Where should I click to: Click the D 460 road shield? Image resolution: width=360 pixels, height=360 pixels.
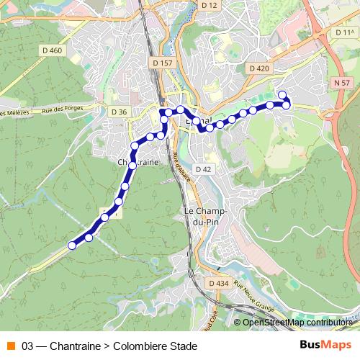(x=53, y=50)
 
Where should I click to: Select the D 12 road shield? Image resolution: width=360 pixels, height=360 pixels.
(x=210, y=5)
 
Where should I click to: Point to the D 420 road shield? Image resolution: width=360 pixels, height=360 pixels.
(x=259, y=68)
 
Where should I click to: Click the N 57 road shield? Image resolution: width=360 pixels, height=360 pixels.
(x=342, y=84)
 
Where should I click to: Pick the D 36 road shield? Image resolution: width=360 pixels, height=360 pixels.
(x=119, y=112)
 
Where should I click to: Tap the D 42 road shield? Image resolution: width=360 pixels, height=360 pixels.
(x=204, y=169)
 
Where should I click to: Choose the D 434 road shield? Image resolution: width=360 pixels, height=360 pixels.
(x=219, y=284)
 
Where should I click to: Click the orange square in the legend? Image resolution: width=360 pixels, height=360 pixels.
(x=10, y=346)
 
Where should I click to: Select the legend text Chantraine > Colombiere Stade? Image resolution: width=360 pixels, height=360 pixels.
(x=124, y=346)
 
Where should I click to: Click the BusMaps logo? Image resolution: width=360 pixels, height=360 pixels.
(x=325, y=346)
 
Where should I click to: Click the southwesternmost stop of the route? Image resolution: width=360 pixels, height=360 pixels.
(x=72, y=246)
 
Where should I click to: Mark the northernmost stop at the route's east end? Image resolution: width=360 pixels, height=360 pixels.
(x=282, y=94)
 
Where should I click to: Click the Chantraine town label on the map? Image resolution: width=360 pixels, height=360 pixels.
(x=138, y=163)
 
